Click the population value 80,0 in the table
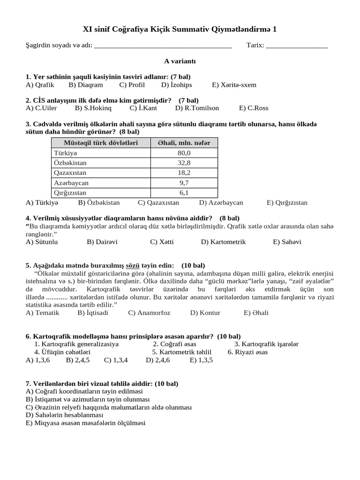point(184,153)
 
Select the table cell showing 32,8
point(184,163)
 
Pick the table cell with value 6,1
point(184,193)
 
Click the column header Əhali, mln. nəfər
point(184,142)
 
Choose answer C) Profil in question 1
point(132,85)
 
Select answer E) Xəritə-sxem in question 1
point(234,85)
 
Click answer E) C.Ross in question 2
point(254,108)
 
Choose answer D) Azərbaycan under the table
point(221,202)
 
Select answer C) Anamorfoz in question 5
point(149,313)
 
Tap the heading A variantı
point(180,61)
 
